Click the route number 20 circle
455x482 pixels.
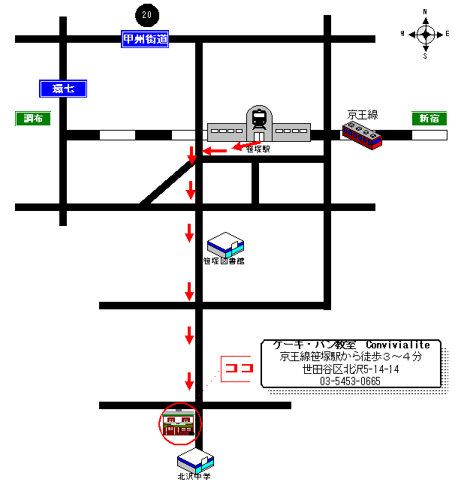coord(146,14)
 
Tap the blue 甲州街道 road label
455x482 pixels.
coord(145,39)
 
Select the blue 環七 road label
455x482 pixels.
coord(63,89)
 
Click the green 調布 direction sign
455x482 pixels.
coord(34,119)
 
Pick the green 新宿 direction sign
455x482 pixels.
coord(429,119)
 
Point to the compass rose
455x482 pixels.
coord(425,34)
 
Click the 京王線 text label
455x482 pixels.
coord(362,115)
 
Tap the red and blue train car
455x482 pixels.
coord(362,135)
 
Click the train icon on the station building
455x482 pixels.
coord(259,119)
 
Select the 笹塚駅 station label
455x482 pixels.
coord(258,149)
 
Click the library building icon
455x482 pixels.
coord(225,244)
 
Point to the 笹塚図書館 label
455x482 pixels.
coord(224,261)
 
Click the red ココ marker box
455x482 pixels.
coord(239,368)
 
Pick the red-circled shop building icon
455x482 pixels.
coord(180,424)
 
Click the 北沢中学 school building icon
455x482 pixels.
coord(195,459)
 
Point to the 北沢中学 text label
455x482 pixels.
coord(194,477)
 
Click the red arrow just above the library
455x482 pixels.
coord(189,233)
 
